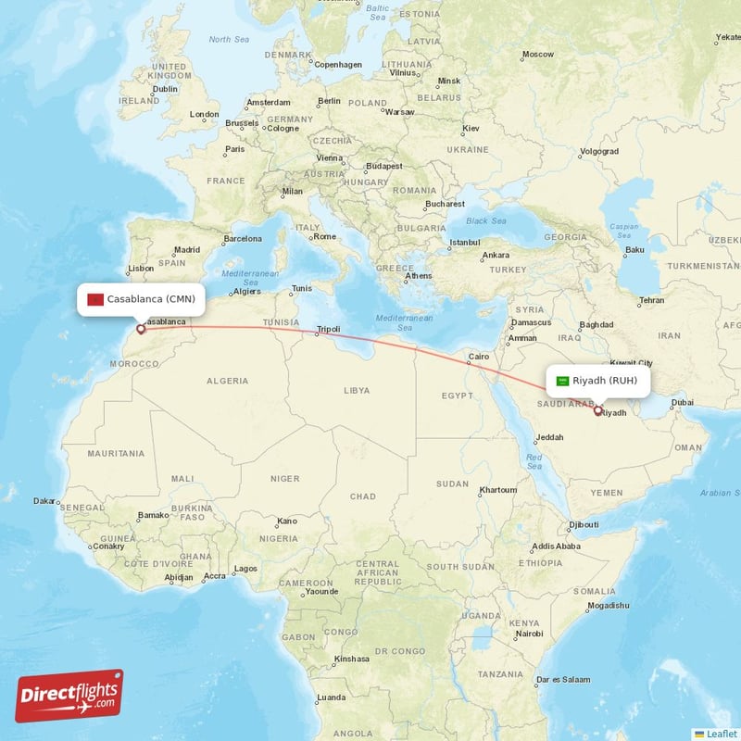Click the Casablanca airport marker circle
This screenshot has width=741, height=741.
tap(141, 328)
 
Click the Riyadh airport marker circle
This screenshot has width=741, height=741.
tap(597, 410)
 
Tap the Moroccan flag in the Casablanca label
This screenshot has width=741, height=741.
tap(94, 299)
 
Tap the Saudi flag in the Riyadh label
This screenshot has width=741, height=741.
tap(561, 381)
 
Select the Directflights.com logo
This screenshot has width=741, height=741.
tap(69, 696)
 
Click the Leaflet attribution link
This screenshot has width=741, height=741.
tap(721, 733)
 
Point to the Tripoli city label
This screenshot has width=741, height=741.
tap(329, 329)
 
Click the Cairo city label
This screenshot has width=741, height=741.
tap(478, 357)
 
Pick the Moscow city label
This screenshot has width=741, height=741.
tap(537, 54)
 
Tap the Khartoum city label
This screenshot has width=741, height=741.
tap(498, 489)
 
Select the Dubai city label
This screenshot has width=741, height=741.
tap(683, 402)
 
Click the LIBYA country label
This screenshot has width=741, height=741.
tap(357, 391)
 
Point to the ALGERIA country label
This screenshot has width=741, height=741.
tap(227, 381)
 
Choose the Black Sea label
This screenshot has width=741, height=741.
tap(486, 221)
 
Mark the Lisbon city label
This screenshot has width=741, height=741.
tap(141, 269)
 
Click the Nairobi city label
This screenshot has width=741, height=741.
tap(529, 634)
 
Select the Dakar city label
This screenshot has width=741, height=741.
tap(44, 501)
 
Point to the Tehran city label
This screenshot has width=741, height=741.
tap(651, 300)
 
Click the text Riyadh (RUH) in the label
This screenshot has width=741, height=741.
tap(605, 381)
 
